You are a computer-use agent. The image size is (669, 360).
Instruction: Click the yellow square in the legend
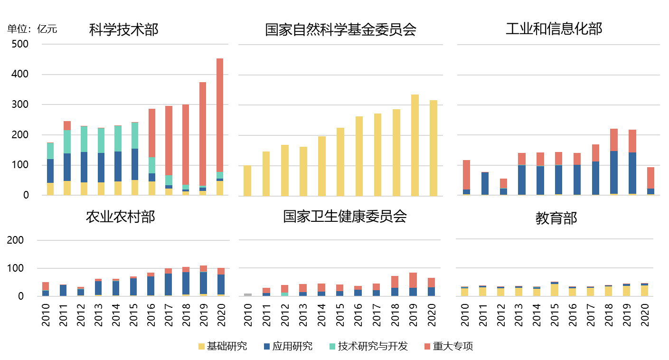click(x=201, y=347)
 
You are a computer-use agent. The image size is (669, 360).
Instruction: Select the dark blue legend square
click(x=267, y=347)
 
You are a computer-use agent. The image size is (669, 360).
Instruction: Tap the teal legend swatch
click(x=332, y=347)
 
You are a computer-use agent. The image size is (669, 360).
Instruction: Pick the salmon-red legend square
click(x=427, y=347)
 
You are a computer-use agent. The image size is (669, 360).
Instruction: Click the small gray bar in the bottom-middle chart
click(x=248, y=295)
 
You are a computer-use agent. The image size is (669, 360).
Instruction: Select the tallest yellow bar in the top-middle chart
click(x=415, y=145)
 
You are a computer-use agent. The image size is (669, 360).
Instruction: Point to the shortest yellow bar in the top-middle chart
click(x=247, y=180)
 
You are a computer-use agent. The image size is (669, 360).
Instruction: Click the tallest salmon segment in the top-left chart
click(x=220, y=115)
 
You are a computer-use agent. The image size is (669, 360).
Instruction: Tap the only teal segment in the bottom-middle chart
click(x=284, y=294)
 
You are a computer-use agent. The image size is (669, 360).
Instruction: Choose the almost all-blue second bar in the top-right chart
click(x=485, y=183)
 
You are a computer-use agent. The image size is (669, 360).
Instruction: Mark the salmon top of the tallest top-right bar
click(x=614, y=140)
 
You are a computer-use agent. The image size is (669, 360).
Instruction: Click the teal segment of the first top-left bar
click(x=50, y=151)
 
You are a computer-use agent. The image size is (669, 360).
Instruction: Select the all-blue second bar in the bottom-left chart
click(x=63, y=290)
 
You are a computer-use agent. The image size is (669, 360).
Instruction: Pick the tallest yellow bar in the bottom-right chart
click(x=555, y=290)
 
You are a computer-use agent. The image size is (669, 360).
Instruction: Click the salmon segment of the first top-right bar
click(x=466, y=175)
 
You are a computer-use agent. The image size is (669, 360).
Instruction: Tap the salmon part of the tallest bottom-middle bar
click(x=413, y=280)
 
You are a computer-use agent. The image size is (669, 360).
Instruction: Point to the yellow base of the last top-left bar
click(x=220, y=188)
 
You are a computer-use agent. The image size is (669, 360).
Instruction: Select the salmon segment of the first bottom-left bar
click(x=46, y=286)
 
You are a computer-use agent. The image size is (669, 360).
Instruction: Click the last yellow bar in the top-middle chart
click(x=433, y=148)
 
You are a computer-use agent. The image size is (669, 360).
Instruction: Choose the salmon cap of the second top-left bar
click(x=67, y=125)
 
